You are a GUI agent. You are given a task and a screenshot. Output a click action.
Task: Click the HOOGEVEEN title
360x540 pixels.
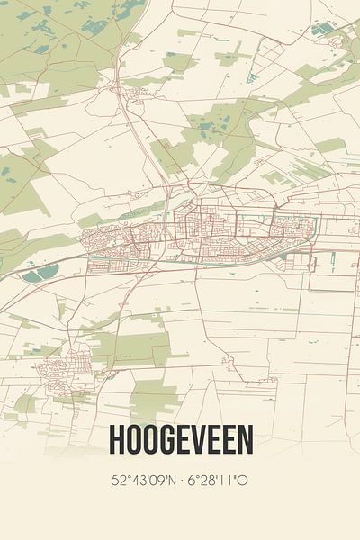pos(180,439)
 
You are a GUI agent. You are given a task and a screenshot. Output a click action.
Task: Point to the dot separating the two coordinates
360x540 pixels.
pos(180,481)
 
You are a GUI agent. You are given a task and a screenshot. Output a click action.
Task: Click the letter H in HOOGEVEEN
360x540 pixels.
pos(116,439)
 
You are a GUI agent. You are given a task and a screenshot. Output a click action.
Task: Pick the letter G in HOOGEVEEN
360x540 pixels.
pos(165,439)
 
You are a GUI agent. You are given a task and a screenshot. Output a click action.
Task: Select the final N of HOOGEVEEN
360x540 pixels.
pos(245,439)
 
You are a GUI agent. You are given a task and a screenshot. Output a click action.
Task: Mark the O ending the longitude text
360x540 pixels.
pos(243,481)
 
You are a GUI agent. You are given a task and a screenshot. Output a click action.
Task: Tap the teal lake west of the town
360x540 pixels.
pos(40,273)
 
